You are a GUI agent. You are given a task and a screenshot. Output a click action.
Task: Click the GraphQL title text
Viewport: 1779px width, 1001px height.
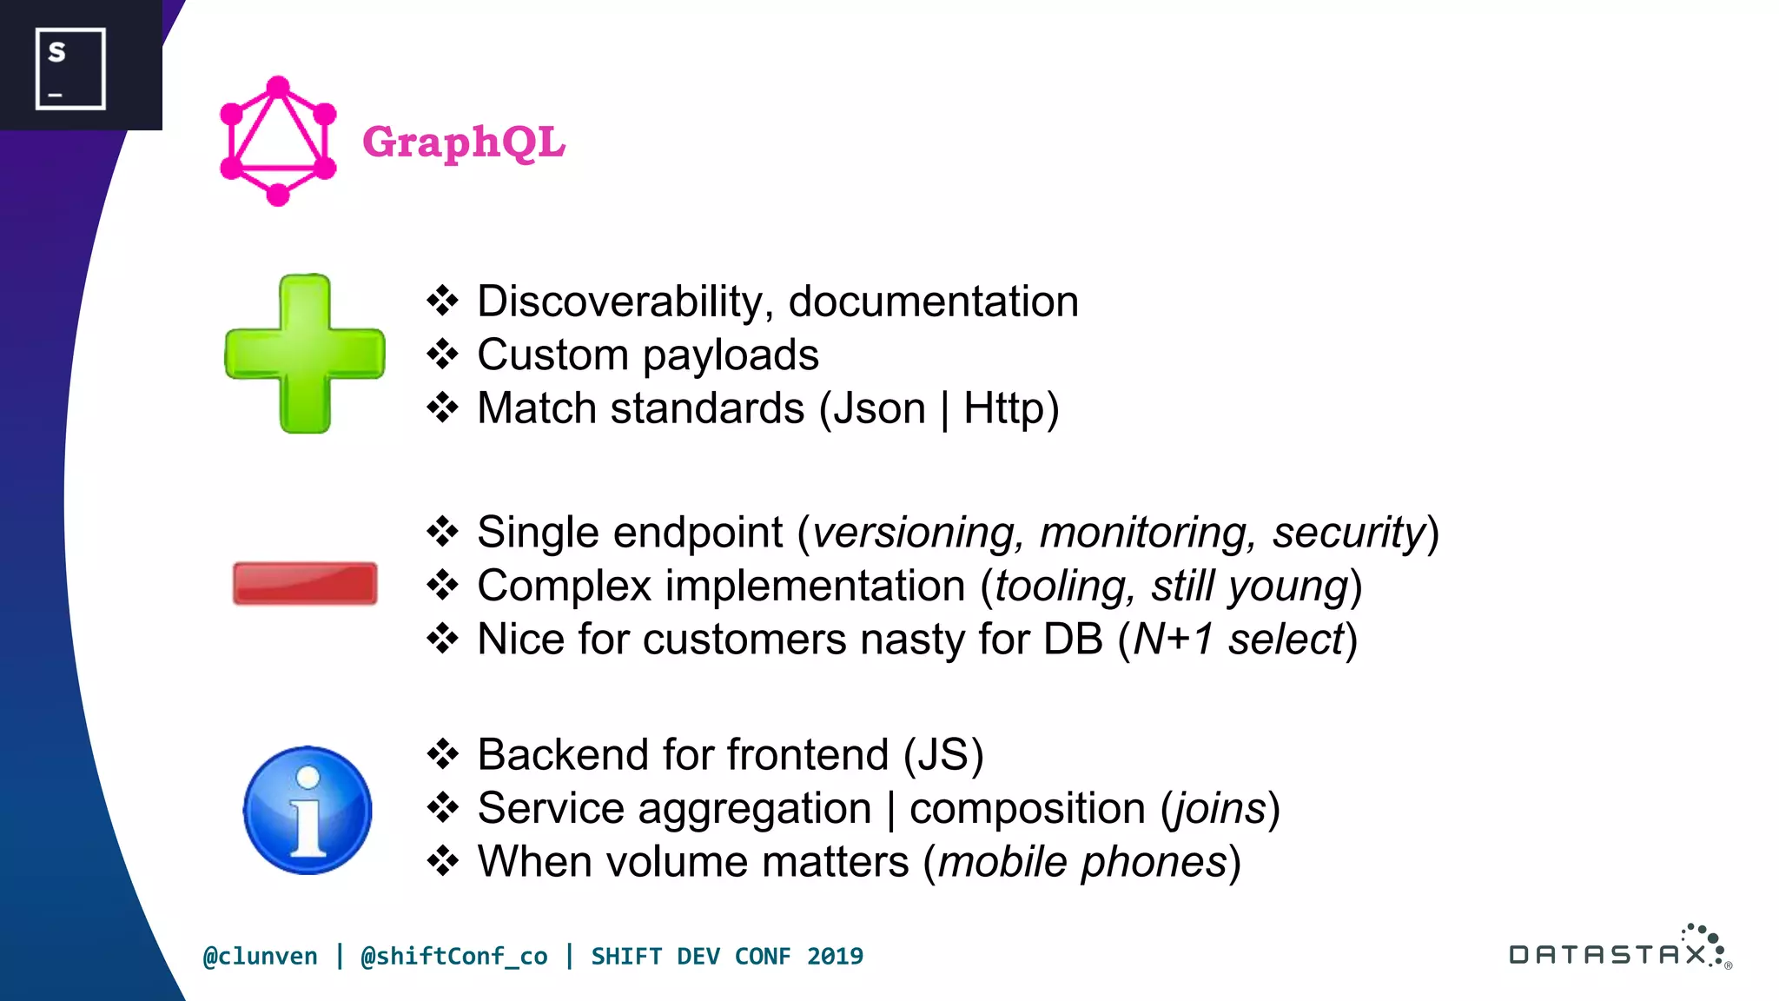coord(463,143)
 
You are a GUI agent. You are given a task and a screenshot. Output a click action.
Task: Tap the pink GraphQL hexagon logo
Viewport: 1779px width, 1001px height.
coord(278,142)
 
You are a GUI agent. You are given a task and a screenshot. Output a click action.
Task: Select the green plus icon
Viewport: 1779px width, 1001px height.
coord(305,354)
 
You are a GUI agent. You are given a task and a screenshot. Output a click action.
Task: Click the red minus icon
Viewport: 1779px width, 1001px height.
coord(305,583)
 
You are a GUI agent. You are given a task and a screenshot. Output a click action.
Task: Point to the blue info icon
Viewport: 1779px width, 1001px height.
coord(308,810)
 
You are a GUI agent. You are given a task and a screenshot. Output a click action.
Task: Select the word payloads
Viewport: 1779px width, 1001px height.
coord(731,355)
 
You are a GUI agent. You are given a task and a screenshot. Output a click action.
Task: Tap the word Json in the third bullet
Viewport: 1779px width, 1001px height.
coord(879,408)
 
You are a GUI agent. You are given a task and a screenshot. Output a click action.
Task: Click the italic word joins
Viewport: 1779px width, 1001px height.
coord(1220,808)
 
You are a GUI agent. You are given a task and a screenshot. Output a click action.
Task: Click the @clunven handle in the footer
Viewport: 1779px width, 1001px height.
coord(261,957)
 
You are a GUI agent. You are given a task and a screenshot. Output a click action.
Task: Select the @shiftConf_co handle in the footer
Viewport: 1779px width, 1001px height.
coord(454,957)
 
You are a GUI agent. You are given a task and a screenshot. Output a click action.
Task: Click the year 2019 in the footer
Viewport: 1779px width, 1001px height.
coord(835,957)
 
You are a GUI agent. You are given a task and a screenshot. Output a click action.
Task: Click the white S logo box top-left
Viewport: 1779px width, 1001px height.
coord(70,69)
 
